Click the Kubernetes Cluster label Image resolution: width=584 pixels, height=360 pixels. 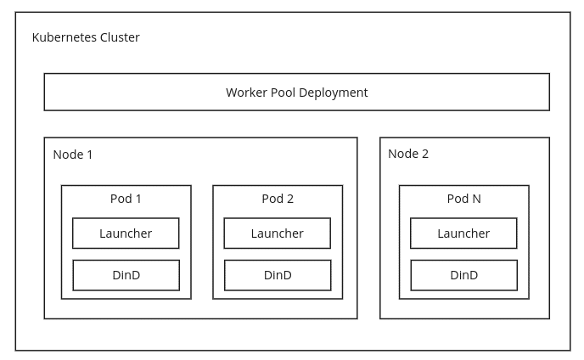86,37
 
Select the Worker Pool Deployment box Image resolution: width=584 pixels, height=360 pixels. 296,92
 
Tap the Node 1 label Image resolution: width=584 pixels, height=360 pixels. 73,155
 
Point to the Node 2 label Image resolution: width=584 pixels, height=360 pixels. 408,154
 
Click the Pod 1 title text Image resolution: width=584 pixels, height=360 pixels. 126,199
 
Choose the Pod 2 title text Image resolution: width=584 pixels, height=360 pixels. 278,199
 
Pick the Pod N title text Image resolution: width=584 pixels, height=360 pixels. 463,199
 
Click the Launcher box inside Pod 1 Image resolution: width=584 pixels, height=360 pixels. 126,233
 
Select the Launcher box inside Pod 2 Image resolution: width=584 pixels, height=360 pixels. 278,233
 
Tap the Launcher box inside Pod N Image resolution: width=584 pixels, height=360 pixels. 463,233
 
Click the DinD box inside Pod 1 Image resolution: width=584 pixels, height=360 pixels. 126,275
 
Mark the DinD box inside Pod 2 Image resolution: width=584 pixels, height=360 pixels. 278,275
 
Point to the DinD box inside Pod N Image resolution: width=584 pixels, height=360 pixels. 463,275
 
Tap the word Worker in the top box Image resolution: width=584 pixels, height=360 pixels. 246,92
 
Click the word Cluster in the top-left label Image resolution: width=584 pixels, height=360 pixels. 121,37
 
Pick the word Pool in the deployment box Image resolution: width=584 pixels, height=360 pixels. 284,92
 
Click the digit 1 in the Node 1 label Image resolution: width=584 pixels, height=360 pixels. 89,155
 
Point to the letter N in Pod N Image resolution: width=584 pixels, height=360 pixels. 476,199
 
